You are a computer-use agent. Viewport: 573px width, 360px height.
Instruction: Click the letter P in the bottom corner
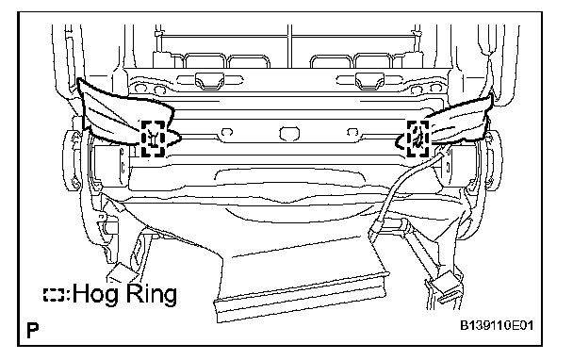(33, 330)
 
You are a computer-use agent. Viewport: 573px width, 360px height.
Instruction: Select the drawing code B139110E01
(497, 325)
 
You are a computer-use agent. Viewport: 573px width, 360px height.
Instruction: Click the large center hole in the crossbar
(289, 134)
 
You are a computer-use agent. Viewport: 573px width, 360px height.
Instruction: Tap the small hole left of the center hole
(227, 132)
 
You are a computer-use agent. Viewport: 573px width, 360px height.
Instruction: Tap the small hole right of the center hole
(352, 131)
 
